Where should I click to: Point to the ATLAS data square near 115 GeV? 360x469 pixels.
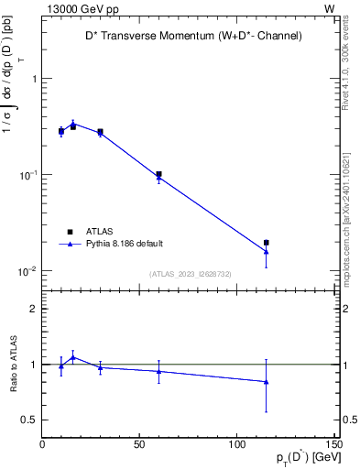(266, 243)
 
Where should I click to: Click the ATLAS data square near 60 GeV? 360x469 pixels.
(158, 174)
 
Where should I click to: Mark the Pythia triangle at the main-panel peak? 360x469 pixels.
(73, 123)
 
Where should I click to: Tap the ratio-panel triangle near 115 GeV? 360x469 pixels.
(266, 382)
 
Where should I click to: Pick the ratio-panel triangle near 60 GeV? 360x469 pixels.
(158, 371)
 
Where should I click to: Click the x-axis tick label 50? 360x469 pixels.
(140, 444)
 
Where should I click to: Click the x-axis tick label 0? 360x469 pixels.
(43, 444)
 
